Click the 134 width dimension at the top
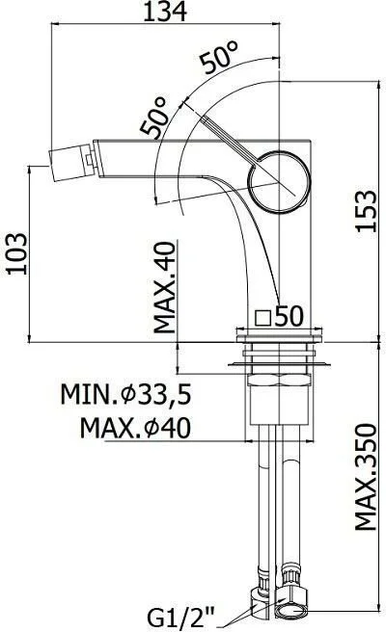click(165, 12)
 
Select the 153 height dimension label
click(366, 210)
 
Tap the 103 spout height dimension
click(17, 253)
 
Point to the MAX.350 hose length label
click(366, 477)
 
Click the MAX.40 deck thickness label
click(166, 287)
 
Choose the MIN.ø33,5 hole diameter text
click(125, 395)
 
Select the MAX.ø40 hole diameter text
click(135, 428)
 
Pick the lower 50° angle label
click(154, 117)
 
